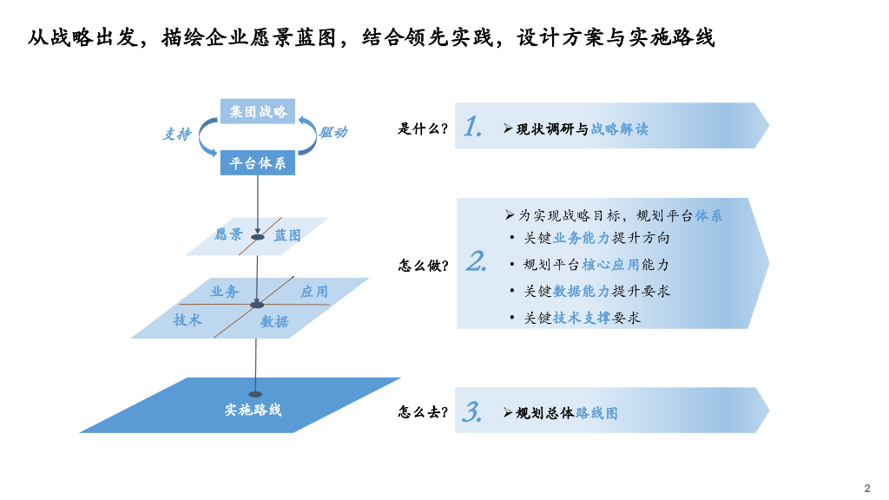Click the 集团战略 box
point(258,111)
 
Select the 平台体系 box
point(258,163)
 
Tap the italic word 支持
point(177,135)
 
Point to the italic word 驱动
point(333,132)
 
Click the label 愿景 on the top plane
point(228,234)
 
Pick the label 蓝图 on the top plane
point(287,235)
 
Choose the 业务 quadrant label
point(224,292)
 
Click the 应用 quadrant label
point(314,292)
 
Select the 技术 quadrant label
point(188,320)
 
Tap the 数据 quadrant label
point(274,321)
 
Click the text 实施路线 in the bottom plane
point(253,409)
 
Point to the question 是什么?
point(423,129)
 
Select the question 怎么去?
point(424,412)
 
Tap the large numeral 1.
point(472,127)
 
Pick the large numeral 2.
point(476,262)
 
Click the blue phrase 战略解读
point(619,129)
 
